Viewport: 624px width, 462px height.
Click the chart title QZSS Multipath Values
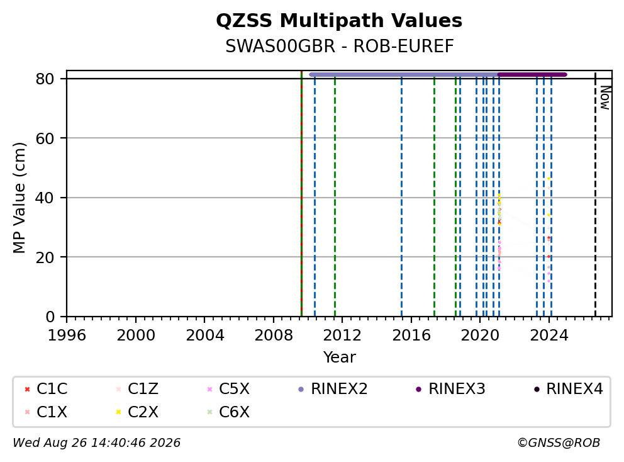click(339, 21)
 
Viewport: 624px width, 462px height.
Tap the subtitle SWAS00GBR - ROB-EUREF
click(340, 46)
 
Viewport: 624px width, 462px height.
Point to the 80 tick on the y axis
click(45, 79)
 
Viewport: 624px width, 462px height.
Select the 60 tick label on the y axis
click(45, 138)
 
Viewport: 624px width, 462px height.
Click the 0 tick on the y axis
click(50, 317)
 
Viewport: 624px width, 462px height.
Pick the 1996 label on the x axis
click(67, 335)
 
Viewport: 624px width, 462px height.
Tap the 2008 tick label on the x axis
click(274, 335)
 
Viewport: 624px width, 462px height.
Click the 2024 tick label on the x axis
click(549, 335)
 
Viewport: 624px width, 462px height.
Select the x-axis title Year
click(339, 358)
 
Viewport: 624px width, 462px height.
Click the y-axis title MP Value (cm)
click(19, 198)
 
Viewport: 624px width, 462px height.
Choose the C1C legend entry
click(46, 389)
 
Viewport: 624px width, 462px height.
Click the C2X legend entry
click(137, 412)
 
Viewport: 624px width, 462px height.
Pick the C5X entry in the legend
click(228, 389)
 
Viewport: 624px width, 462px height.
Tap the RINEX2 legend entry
click(333, 389)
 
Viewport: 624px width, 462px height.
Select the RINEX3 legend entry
click(451, 389)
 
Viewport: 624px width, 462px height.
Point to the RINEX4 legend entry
click(568, 389)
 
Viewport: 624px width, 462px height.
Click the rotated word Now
click(605, 98)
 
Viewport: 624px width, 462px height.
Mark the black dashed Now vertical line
click(595, 194)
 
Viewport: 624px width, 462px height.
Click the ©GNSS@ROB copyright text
click(559, 443)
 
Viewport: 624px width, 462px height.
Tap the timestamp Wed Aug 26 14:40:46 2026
click(97, 443)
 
